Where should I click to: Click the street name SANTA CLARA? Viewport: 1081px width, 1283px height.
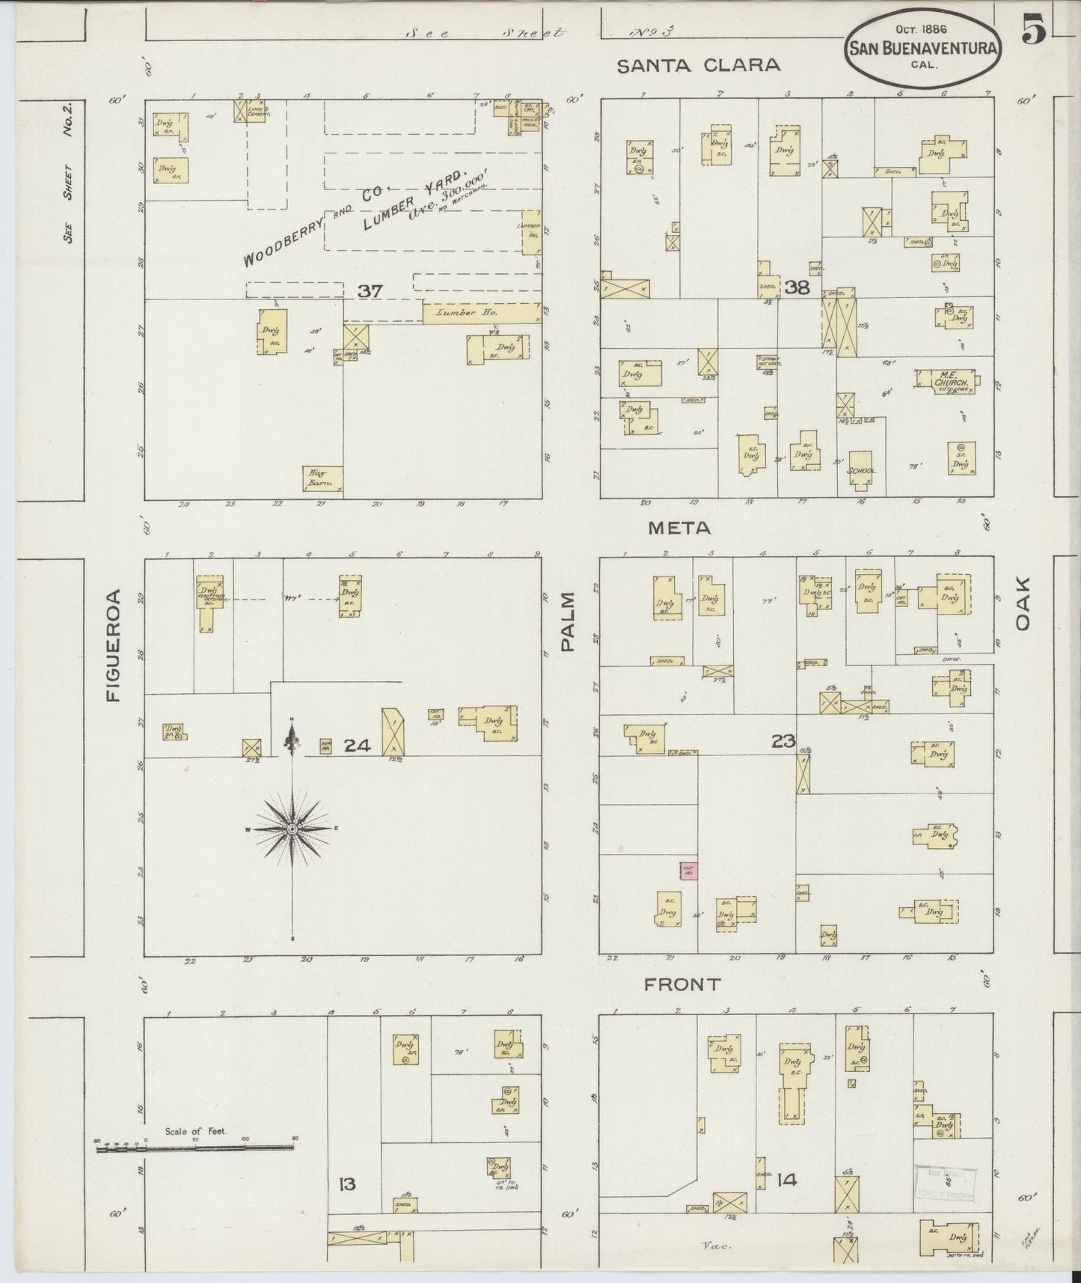tap(698, 65)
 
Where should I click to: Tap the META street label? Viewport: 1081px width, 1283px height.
tap(679, 528)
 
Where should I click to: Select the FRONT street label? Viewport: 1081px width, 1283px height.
tap(682, 985)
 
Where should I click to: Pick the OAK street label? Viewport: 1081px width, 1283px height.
tap(1023, 603)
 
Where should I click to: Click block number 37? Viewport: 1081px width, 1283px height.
tap(370, 291)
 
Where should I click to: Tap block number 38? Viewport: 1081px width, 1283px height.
tap(797, 286)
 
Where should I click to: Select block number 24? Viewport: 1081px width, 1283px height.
tap(358, 746)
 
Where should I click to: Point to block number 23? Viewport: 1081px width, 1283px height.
tap(783, 741)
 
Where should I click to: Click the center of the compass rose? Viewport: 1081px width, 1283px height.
tap(293, 829)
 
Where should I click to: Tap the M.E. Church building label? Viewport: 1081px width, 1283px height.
tap(951, 382)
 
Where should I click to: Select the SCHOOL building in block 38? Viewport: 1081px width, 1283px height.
tap(861, 470)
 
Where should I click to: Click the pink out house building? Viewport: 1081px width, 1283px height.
tap(688, 870)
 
